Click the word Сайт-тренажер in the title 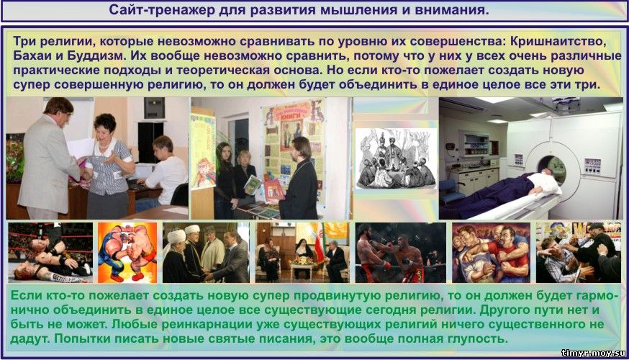click(x=162, y=10)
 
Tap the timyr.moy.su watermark click(x=594, y=354)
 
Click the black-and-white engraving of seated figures click(x=397, y=159)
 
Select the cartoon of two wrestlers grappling click(x=127, y=253)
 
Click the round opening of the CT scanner click(x=551, y=168)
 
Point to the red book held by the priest click(x=274, y=190)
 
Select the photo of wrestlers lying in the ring click(x=50, y=253)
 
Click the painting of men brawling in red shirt click(x=491, y=253)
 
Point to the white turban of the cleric click(x=176, y=236)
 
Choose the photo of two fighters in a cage click(x=400, y=253)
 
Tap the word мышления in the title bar click(x=344, y=10)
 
